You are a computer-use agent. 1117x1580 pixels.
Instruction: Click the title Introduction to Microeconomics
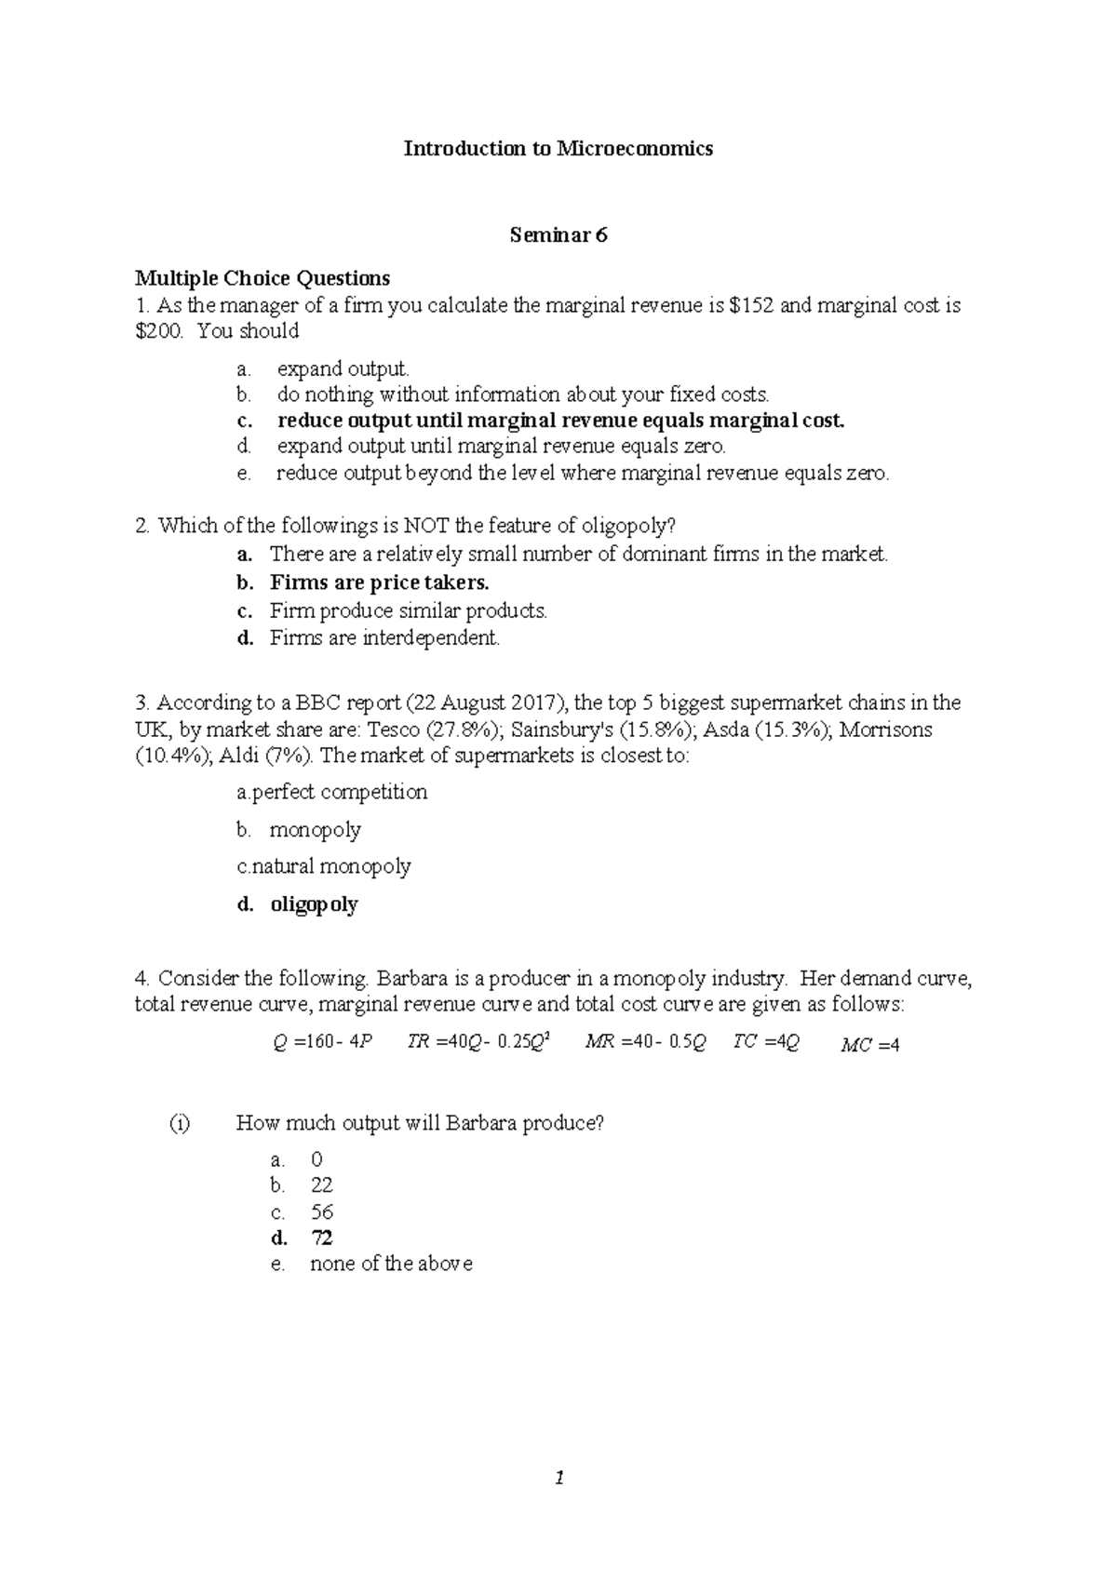(x=558, y=149)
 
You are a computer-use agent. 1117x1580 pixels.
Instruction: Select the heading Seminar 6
(x=558, y=235)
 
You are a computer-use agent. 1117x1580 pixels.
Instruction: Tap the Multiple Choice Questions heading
(x=262, y=278)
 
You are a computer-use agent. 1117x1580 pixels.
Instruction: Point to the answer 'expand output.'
(x=343, y=368)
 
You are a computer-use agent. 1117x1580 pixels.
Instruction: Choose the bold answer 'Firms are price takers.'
(x=379, y=582)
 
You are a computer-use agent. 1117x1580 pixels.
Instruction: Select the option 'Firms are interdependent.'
(x=384, y=638)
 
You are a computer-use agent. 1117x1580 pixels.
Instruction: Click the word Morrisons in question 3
(x=885, y=729)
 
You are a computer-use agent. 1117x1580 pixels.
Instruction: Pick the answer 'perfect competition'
(x=340, y=793)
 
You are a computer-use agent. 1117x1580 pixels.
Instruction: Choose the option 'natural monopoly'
(x=331, y=866)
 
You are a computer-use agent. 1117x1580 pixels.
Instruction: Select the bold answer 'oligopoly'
(x=314, y=904)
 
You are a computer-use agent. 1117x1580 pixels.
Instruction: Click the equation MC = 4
(x=869, y=1045)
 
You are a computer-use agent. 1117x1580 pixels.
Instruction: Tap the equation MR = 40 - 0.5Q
(x=644, y=1042)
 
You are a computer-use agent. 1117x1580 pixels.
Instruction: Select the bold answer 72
(x=322, y=1238)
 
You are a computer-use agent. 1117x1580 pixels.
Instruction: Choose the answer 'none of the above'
(x=391, y=1264)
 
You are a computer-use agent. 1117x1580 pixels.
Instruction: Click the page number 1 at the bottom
(x=558, y=1478)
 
